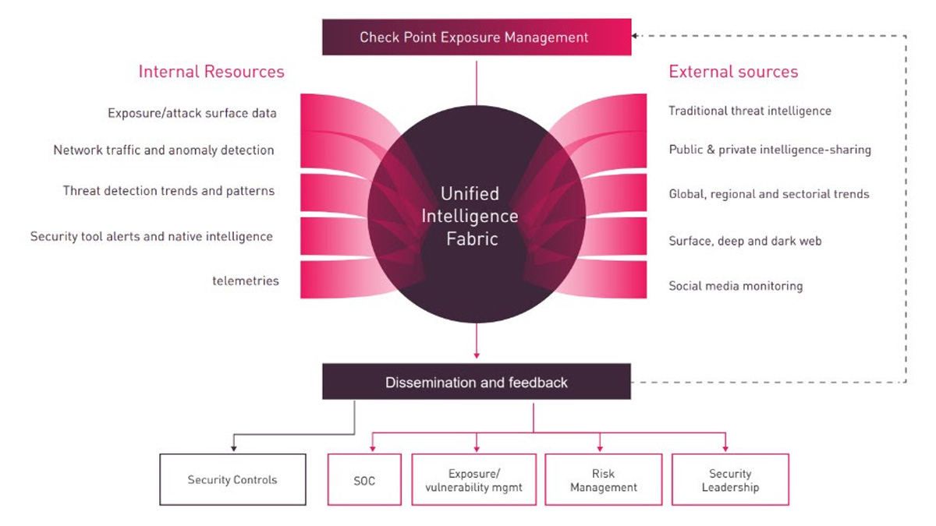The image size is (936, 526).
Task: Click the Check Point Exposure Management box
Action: pos(476,37)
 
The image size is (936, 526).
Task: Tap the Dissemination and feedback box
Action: pos(476,383)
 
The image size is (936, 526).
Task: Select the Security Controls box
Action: pos(232,480)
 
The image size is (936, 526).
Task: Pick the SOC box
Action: pos(364,481)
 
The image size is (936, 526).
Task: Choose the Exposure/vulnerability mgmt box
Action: pos(474,481)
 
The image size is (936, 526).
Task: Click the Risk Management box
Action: pos(603,481)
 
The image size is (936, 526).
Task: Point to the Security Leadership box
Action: pos(730,481)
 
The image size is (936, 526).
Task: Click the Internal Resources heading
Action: pos(211,72)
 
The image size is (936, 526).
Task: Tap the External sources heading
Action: pos(733,72)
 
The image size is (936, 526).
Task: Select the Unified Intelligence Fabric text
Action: pos(470,216)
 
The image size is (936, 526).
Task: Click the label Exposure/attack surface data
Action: pos(192,114)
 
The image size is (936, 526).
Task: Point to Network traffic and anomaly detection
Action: pos(164,150)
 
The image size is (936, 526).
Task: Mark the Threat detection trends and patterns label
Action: pos(168,191)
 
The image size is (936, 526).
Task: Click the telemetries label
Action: pos(245,281)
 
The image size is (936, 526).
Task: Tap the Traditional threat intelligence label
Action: pos(750,111)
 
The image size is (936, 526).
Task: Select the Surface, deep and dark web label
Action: pos(745,242)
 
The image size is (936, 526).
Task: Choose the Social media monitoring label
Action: pos(736,286)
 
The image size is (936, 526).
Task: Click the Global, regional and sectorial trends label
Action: pos(768,194)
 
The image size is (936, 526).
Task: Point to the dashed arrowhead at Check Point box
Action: pos(636,36)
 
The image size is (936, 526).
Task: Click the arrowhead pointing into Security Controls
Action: pos(232,448)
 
